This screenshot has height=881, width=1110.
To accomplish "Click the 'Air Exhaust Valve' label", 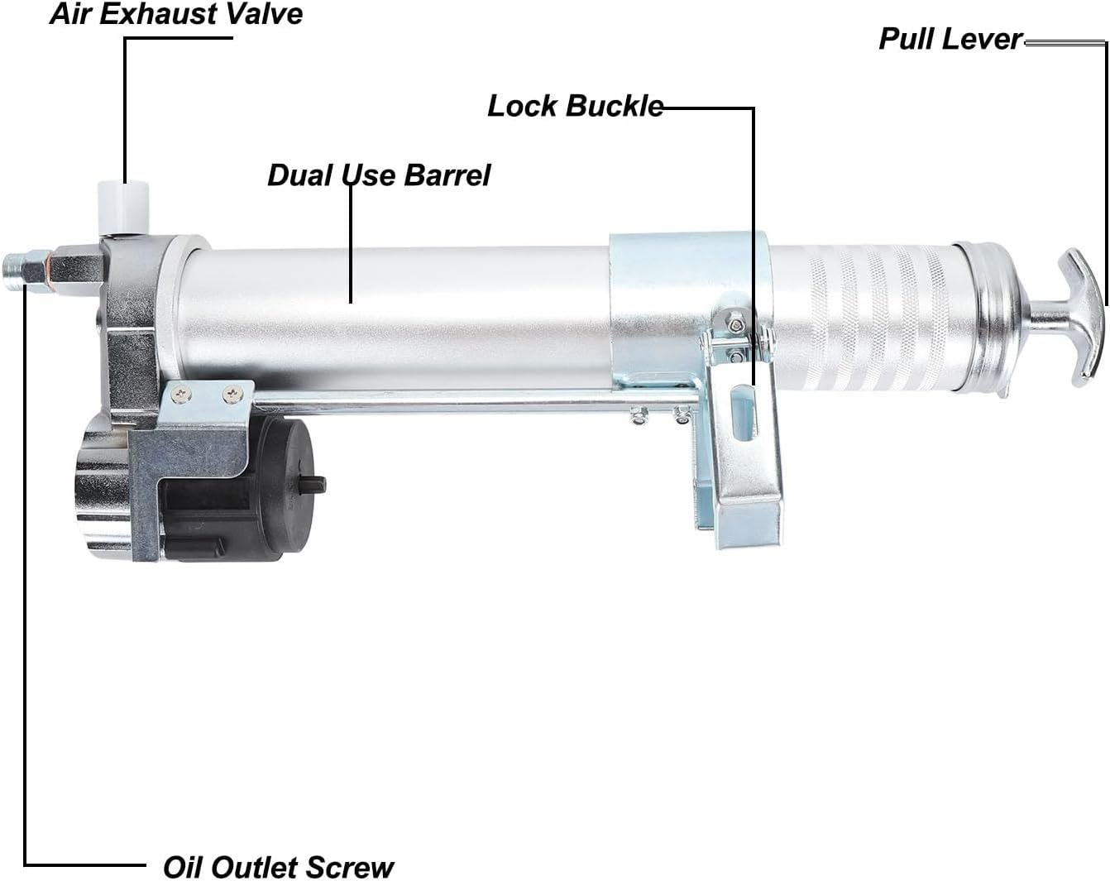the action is tap(176, 14).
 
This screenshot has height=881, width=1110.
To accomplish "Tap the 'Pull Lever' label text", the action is tap(950, 39).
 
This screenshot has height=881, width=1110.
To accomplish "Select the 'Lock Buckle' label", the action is tap(575, 106).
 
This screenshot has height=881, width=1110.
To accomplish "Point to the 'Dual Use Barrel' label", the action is tap(379, 175).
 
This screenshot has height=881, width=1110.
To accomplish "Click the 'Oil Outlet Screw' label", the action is tap(279, 867).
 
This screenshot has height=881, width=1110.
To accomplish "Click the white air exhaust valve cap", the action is tap(124, 208).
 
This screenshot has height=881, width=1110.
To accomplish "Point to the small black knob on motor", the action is tap(313, 485).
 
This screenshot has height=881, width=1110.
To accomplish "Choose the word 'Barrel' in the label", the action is tap(447, 175).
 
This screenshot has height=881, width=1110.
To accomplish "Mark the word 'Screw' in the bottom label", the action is tap(350, 867).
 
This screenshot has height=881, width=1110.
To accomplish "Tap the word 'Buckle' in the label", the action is tap(615, 106).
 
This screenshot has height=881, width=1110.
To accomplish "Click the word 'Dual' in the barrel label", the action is tap(299, 175).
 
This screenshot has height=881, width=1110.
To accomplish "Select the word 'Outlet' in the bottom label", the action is tap(254, 867).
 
